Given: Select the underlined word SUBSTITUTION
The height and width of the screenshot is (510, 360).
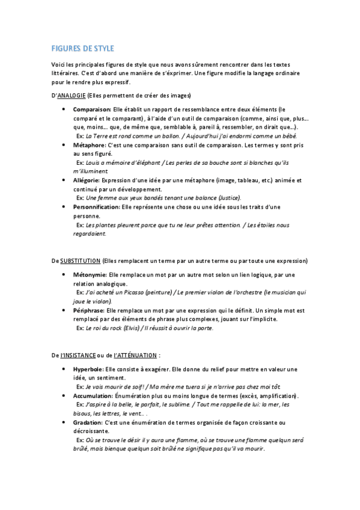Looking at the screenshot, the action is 80,261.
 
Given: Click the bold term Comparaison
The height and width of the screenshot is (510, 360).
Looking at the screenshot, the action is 91,110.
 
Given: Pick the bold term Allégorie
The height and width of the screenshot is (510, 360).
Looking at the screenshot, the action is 87,180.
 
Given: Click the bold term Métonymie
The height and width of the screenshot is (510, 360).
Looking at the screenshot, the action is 90,275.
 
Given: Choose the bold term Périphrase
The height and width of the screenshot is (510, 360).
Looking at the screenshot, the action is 88,310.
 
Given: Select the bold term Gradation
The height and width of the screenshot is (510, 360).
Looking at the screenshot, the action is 88,423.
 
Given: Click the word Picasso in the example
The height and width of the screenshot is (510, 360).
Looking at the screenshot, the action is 133,292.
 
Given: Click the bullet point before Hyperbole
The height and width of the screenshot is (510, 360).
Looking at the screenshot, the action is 64,369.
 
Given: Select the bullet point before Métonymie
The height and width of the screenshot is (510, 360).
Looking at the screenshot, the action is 64,275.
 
